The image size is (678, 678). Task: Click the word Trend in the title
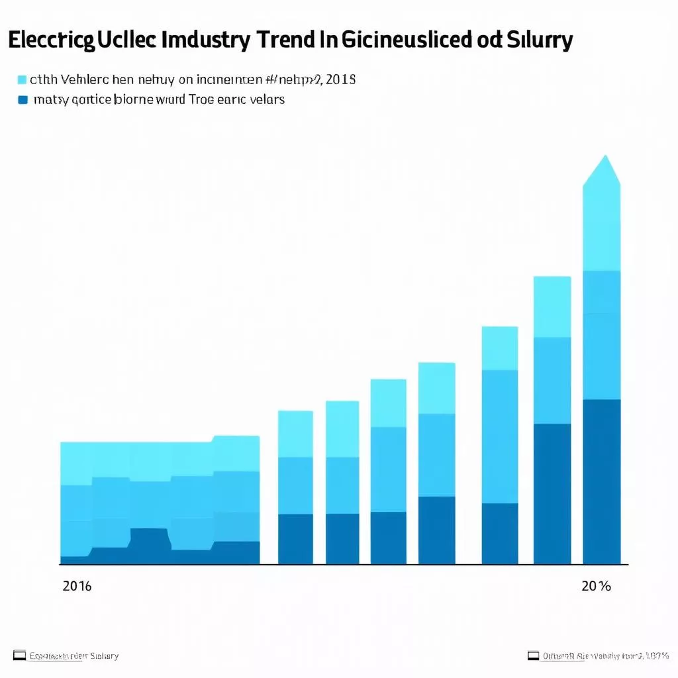(x=295, y=41)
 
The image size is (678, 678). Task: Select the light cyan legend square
(x=23, y=80)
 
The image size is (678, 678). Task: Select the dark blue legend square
(x=23, y=100)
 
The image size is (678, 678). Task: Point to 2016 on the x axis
(x=77, y=587)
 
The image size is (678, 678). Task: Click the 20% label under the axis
(x=596, y=587)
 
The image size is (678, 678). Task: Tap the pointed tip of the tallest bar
(x=602, y=159)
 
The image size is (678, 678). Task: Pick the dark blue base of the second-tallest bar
(x=552, y=493)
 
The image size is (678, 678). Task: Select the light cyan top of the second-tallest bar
(x=552, y=307)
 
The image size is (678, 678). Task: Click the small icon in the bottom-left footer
(x=19, y=655)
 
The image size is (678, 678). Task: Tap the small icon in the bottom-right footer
(x=533, y=655)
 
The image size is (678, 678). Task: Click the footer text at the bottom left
(x=74, y=655)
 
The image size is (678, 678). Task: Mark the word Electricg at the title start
(x=52, y=41)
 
